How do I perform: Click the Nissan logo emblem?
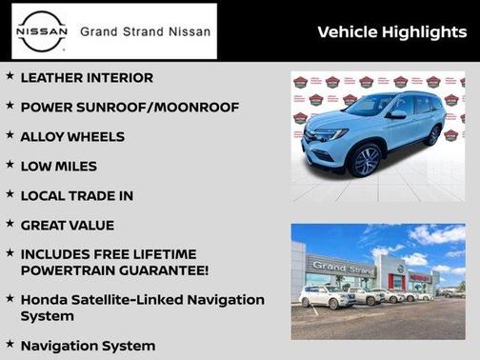tap(43, 31)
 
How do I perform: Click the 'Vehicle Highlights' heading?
tap(391, 32)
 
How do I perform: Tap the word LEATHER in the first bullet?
tap(56, 77)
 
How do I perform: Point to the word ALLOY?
tap(43, 136)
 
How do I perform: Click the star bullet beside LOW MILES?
tap(10, 166)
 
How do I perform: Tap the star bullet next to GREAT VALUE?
tap(10, 225)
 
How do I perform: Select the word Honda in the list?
tap(45, 299)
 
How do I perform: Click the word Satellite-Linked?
tap(130, 299)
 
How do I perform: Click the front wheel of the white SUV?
tap(368, 161)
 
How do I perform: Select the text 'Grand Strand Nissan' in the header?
tap(145, 31)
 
